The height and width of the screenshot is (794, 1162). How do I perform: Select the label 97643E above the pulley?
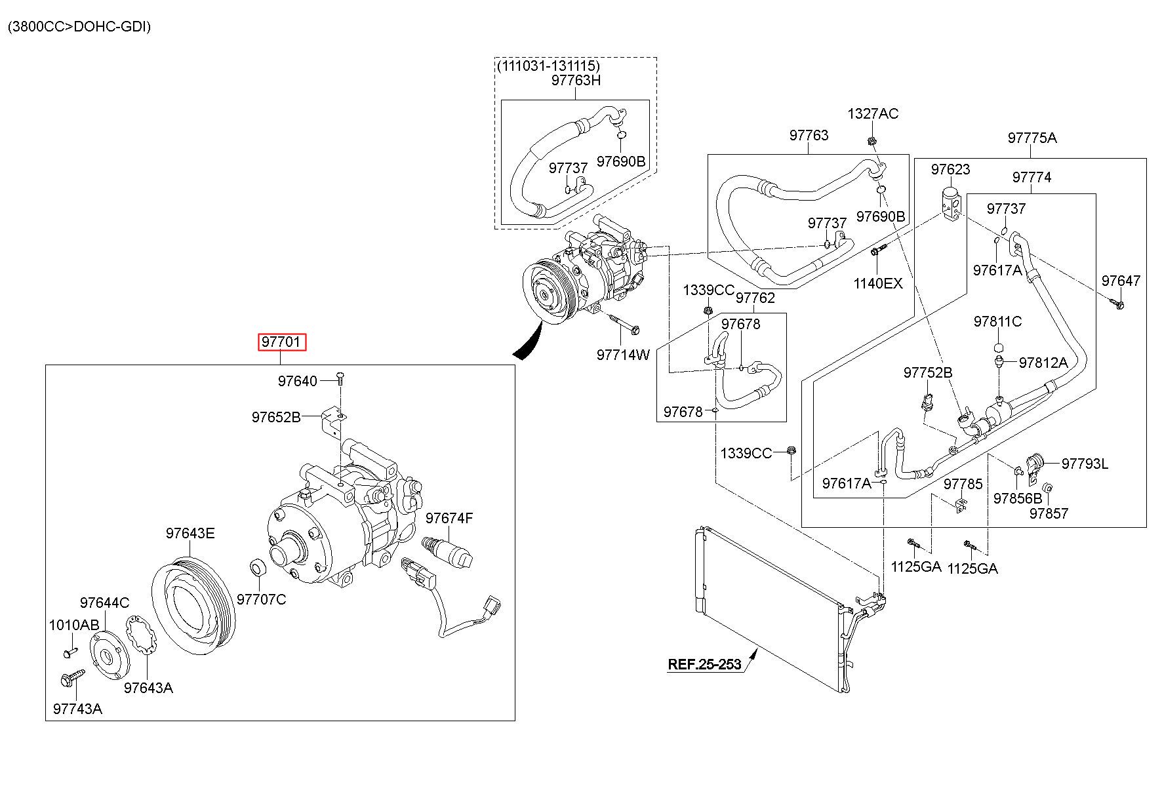click(x=190, y=533)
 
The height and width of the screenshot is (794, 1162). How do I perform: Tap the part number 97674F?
click(x=449, y=519)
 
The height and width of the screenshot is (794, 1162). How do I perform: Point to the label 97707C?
click(x=261, y=599)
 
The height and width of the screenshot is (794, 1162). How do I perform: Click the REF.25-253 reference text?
click(x=704, y=664)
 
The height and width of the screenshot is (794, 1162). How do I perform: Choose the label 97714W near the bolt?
click(x=623, y=355)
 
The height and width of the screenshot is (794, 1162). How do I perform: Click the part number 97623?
click(x=951, y=170)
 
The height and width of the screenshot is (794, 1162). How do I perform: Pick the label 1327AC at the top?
click(x=873, y=113)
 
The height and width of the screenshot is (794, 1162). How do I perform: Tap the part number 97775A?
click(x=1032, y=138)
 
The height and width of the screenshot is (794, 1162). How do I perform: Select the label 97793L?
click(x=1085, y=464)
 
